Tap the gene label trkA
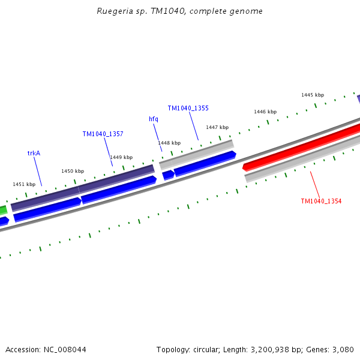point(34,153)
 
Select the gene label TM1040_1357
point(103,134)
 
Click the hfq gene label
point(154,119)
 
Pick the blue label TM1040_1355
point(188,108)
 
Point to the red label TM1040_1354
point(321,201)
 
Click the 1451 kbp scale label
point(24,184)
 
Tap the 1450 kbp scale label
point(73,171)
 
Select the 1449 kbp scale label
point(121,157)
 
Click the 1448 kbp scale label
point(169,143)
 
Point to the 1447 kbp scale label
point(217,127)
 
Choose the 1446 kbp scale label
point(265,112)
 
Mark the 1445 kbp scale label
point(313,95)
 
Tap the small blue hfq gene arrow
point(168,175)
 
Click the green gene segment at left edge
point(3,211)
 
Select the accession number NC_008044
point(64,349)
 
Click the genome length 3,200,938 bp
point(271,349)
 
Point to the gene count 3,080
point(343,349)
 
